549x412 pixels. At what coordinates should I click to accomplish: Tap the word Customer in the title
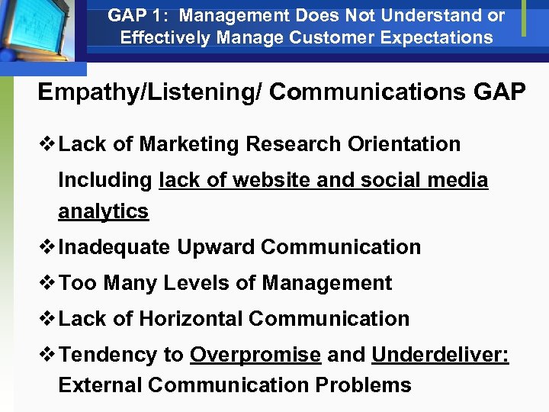point(344,37)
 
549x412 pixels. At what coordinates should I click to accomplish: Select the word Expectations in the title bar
point(441,37)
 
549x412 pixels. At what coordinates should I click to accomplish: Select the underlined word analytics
point(103,211)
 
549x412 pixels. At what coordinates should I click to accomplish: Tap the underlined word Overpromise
point(255,355)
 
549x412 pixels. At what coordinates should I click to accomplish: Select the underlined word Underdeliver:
point(440,355)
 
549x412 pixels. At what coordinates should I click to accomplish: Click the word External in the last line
point(100,385)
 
